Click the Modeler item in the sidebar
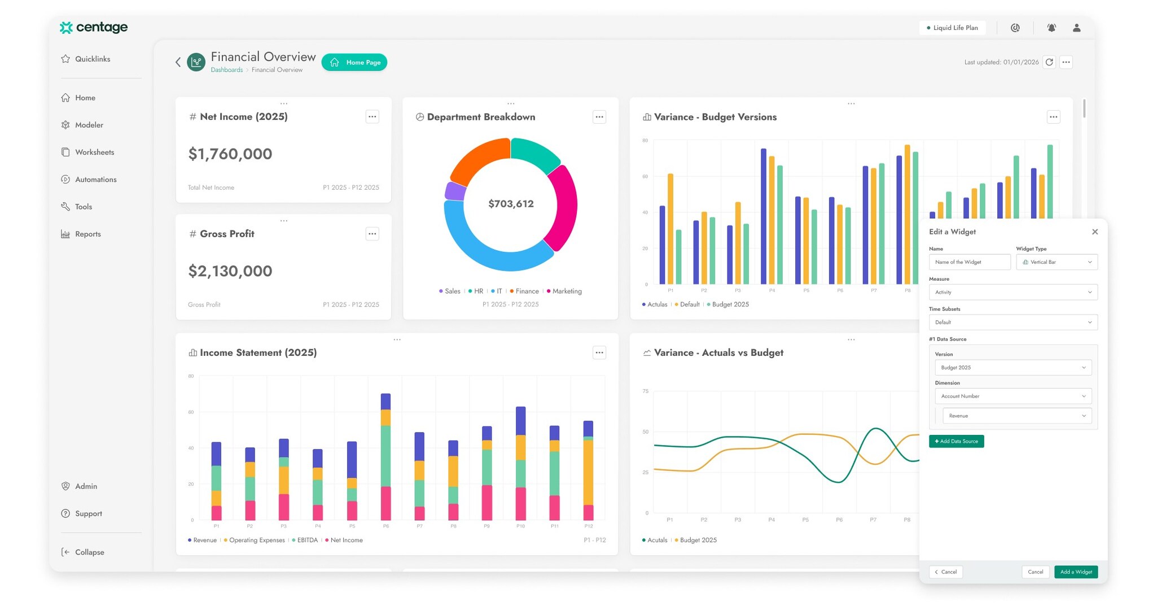(89, 125)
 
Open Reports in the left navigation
(87, 234)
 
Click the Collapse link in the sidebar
(89, 552)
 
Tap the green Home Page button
(354, 62)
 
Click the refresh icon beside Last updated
(1049, 62)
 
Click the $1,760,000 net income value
(230, 154)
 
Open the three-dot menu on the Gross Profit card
(372, 234)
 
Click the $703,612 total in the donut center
(511, 204)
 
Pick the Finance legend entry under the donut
(527, 291)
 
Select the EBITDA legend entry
(307, 540)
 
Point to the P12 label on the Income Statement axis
(588, 526)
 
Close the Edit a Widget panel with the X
(1095, 232)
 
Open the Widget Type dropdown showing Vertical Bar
(1057, 262)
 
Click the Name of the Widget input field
(969, 262)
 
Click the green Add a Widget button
(1076, 572)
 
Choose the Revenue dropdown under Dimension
(1016, 416)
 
